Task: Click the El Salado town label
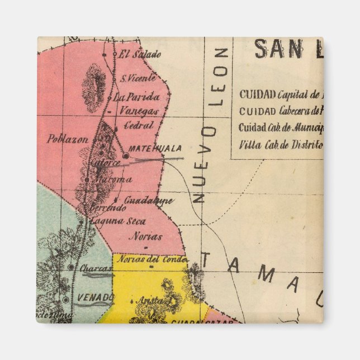tap(139, 55)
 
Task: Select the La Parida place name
tap(136, 97)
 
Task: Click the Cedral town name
tap(139, 126)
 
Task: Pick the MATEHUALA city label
tap(155, 149)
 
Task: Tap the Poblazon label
tap(68, 139)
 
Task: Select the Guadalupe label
tap(148, 200)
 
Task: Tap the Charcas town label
tap(96, 268)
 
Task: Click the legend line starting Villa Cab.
tap(281, 145)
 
